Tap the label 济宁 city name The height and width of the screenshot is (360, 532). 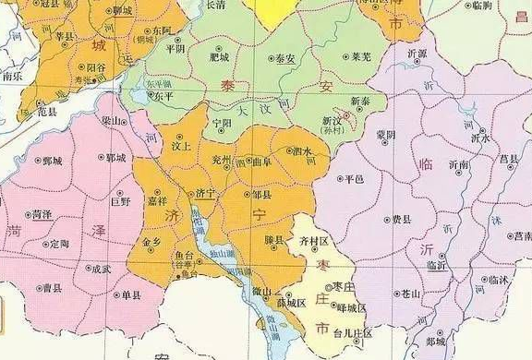pos(205,193)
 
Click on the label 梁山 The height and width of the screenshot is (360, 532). pos(114,121)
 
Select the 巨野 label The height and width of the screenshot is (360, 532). pos(120,199)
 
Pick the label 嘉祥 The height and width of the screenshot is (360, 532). pos(157,199)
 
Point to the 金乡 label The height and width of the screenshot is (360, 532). pos(151,242)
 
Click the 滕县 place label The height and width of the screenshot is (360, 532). pos(273,239)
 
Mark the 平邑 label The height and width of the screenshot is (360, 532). pos(354,178)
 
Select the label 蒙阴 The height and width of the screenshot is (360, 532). pos(385,135)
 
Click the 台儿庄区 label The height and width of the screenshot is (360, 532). pos(352,331)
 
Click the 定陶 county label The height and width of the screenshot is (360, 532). pos(59,244)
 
